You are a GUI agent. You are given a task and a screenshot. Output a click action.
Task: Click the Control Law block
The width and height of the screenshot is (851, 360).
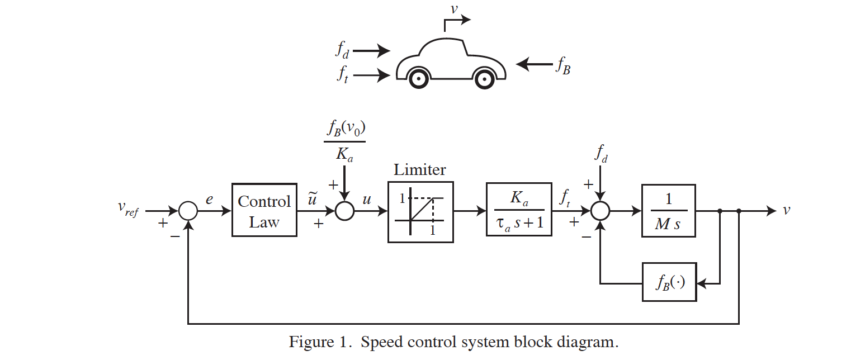coord(264,211)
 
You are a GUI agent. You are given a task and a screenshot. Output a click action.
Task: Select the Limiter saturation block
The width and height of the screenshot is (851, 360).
coord(420,212)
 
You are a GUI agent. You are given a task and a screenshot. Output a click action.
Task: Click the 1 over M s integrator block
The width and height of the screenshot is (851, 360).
coord(668,211)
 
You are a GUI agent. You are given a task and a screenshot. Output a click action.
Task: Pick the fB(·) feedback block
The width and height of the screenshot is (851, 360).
coord(669,282)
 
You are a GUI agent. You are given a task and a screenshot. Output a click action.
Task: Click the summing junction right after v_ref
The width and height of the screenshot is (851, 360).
coord(188,211)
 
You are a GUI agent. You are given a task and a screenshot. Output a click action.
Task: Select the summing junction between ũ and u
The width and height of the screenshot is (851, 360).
coord(344,211)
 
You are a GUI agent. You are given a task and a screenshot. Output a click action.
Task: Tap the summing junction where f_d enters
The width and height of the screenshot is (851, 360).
coord(601,211)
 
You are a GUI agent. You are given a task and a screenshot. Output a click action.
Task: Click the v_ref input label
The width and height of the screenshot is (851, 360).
coord(128,209)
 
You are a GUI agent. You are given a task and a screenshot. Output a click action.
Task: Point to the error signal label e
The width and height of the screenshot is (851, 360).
coord(209,198)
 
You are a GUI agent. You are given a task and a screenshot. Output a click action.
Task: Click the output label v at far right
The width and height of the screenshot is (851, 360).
coord(787,210)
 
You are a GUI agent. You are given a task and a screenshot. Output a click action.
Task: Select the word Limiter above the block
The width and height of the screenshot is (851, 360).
coord(420,170)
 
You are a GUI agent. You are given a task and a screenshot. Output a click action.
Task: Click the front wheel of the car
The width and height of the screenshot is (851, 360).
coord(484,78)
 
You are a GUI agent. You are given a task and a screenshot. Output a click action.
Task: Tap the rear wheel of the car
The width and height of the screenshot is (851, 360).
coord(418,78)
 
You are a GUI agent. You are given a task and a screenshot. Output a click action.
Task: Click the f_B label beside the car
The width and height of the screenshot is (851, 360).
coord(562,66)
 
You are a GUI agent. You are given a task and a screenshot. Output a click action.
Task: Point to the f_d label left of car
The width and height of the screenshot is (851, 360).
coord(342,50)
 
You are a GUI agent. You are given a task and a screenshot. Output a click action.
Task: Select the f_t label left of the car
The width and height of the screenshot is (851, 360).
coord(342,74)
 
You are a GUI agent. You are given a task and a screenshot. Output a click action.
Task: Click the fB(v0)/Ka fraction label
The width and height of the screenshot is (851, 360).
coord(344,141)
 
